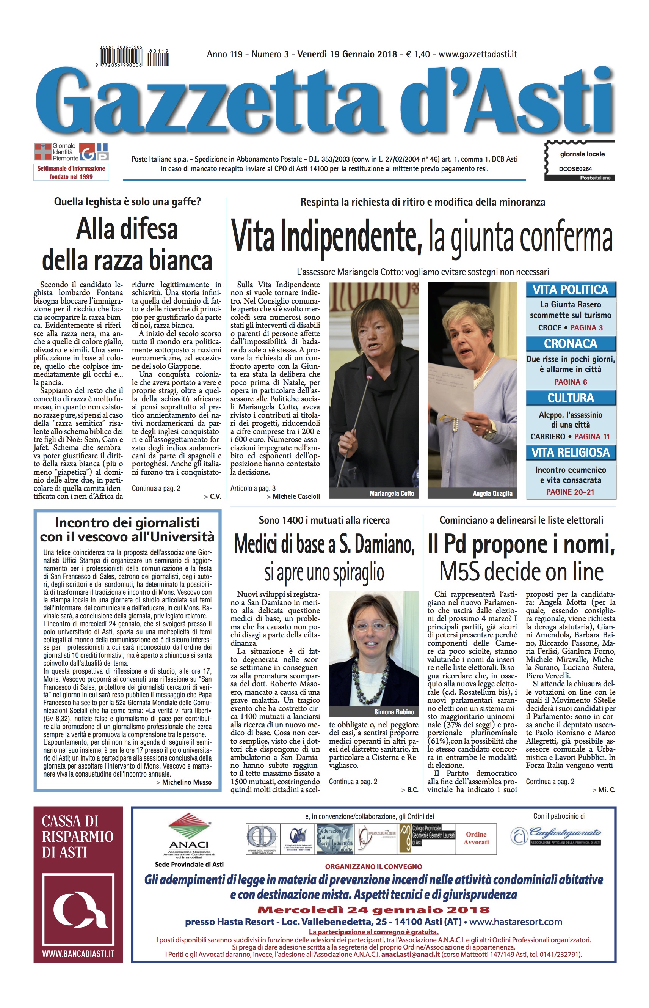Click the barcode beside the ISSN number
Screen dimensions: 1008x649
(x=123, y=57)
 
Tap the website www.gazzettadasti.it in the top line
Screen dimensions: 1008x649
(x=478, y=54)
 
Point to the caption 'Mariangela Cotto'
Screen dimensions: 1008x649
(x=392, y=494)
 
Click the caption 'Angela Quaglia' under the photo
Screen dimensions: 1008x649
(x=492, y=494)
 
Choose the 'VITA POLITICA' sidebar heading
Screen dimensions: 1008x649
(x=570, y=290)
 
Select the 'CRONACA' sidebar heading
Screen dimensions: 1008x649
(x=570, y=344)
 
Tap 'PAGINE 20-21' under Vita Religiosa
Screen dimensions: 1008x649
(x=570, y=492)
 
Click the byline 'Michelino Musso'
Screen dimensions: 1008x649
(x=187, y=782)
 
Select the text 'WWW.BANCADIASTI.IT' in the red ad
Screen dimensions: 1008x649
(x=78, y=954)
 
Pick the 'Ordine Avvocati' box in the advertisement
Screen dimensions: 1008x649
(x=476, y=838)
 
